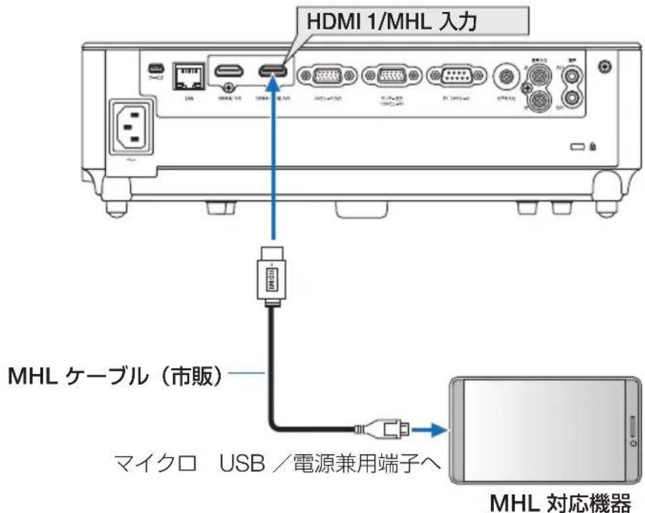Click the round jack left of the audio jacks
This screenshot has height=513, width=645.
[x=509, y=75]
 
